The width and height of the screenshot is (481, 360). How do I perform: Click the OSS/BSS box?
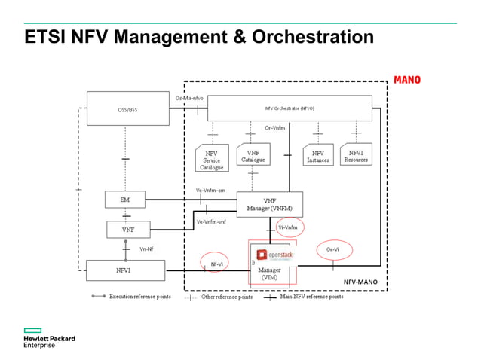[x=127, y=109]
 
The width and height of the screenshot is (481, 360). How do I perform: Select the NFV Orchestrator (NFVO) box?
[x=290, y=108]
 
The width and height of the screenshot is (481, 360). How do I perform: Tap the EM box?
[x=124, y=200]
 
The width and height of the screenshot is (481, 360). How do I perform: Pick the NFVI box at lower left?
[x=124, y=270]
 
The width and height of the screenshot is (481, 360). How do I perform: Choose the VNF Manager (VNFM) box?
[x=269, y=204]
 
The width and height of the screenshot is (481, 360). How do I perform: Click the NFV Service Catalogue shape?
[x=211, y=159]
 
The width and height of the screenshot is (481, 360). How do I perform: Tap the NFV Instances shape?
[x=317, y=156]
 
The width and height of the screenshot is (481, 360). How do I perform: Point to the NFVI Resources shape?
[x=356, y=156]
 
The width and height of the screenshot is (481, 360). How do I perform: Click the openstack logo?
[x=274, y=255]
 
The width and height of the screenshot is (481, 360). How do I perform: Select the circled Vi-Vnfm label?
[x=287, y=227]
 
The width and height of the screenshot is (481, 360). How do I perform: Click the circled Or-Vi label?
[x=332, y=249]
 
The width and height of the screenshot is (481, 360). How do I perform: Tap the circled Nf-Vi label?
[x=216, y=264]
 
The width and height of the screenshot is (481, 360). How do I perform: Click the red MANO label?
[x=407, y=80]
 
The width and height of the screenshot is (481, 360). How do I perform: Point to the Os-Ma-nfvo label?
[x=188, y=98]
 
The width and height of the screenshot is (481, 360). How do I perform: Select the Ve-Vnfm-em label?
[x=210, y=191]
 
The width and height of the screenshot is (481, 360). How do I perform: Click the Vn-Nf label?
[x=146, y=249]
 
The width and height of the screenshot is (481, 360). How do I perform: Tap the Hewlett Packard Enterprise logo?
[x=49, y=340]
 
